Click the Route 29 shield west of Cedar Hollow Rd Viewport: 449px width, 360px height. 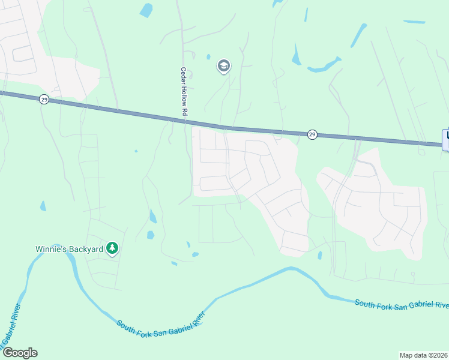click(x=44, y=100)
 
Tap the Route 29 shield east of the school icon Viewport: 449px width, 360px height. click(x=312, y=134)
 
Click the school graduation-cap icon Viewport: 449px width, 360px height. click(x=224, y=66)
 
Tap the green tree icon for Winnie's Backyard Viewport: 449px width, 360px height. click(x=112, y=248)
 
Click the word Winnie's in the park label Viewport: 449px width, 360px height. click(x=49, y=248)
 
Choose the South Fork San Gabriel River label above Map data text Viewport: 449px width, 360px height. click(x=401, y=305)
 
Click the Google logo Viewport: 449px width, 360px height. click(x=20, y=353)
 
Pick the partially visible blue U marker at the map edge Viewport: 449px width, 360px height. click(x=445, y=139)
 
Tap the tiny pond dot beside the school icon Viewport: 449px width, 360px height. click(x=208, y=57)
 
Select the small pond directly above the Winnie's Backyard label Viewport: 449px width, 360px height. click(x=42, y=206)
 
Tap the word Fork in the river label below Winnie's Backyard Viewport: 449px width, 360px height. click(x=142, y=328)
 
